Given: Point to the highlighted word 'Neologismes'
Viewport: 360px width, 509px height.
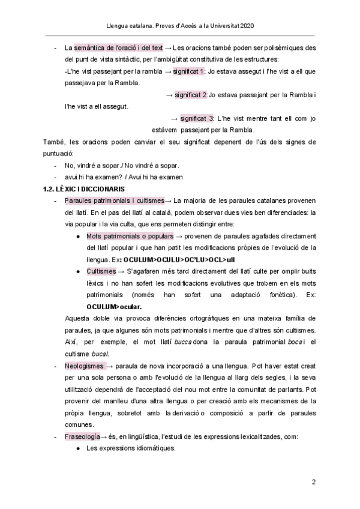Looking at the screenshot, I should coord(84,366).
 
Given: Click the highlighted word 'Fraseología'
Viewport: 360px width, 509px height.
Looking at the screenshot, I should coord(82,436).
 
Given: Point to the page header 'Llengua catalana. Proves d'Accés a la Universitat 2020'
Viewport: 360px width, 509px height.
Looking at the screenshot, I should coord(180,27).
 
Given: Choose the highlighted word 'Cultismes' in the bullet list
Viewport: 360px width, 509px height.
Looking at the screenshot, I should coord(101,271).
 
